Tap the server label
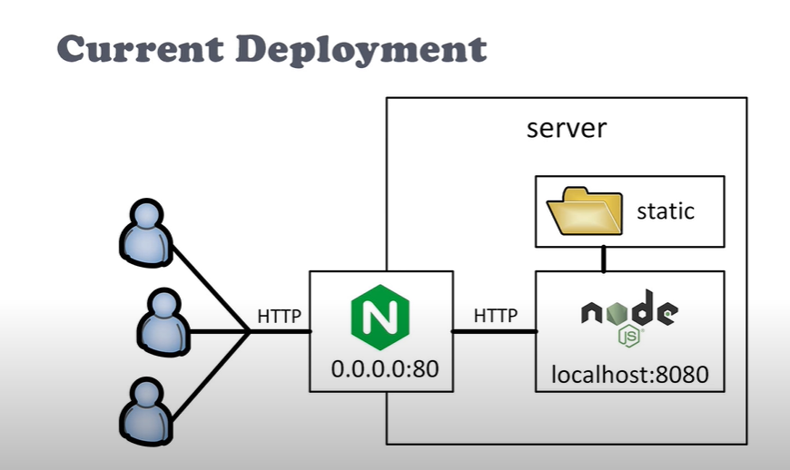(x=566, y=127)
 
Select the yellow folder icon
(x=584, y=211)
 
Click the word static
(x=666, y=211)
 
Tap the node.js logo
(x=629, y=314)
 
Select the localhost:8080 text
(x=629, y=373)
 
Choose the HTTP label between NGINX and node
(x=495, y=316)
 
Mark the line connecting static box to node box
(x=602, y=259)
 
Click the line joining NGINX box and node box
(x=494, y=331)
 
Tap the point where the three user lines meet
(x=250, y=331)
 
